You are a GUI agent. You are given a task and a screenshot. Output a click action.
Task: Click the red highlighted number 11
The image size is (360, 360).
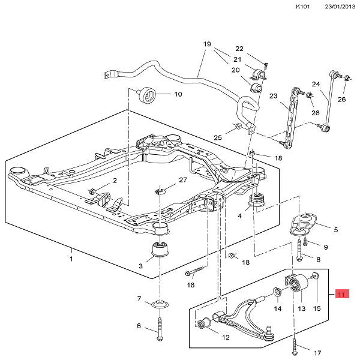[x=341, y=294]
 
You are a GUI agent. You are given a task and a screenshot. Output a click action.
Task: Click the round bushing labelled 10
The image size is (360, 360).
[x=147, y=95]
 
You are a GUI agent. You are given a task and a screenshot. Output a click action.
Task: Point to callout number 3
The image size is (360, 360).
[x=141, y=266]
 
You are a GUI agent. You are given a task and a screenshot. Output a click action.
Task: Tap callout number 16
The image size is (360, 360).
[x=190, y=284]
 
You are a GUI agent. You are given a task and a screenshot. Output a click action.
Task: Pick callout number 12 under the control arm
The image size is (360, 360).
[x=225, y=337]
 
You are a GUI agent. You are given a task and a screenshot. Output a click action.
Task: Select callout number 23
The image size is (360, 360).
[x=273, y=95]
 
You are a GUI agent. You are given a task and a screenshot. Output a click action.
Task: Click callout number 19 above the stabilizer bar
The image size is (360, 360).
[x=208, y=44]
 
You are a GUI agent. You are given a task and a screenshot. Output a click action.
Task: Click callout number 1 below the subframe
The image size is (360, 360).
[x=70, y=259]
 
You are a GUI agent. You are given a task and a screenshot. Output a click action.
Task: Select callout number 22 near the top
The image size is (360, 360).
[x=239, y=49]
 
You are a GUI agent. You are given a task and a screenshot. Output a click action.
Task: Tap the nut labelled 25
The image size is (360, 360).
[x=238, y=127]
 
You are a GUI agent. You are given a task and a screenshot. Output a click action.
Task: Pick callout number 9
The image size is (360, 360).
[x=326, y=247]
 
